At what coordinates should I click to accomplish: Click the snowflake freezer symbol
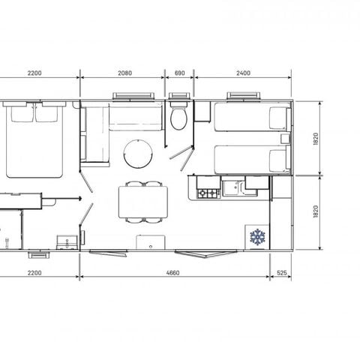click(x=258, y=237)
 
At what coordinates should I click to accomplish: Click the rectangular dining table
click(x=142, y=202)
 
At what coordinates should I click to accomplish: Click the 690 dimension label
click(x=178, y=73)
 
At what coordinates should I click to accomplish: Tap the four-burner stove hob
click(x=207, y=193)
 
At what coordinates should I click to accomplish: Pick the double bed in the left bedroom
click(x=34, y=142)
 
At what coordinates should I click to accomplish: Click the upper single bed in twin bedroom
click(x=250, y=118)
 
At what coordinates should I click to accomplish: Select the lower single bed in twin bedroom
click(x=250, y=159)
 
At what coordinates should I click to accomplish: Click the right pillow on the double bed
click(x=49, y=114)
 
